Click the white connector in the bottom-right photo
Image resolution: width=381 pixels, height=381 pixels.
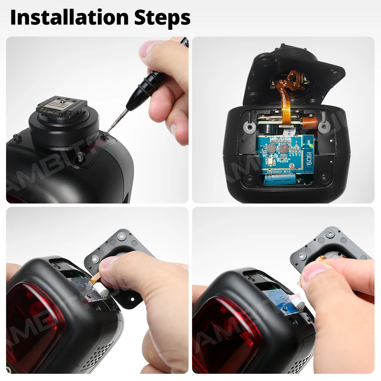click(298, 304)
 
